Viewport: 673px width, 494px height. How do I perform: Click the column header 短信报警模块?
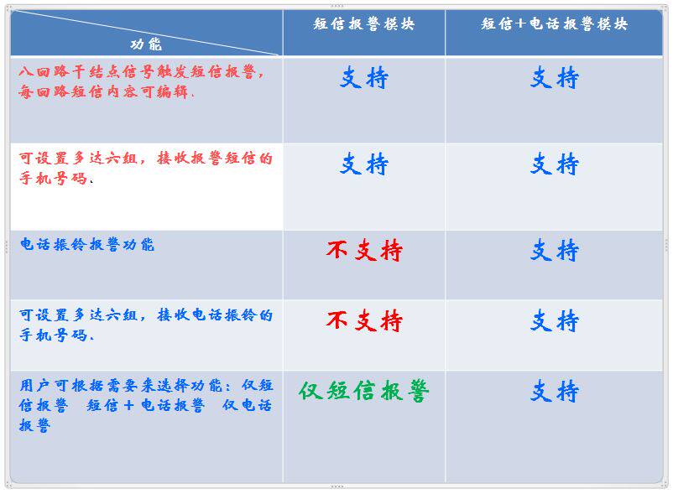coord(364,24)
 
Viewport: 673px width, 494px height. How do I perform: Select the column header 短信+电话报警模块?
coord(554,24)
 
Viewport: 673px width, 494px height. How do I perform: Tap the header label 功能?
coord(146,44)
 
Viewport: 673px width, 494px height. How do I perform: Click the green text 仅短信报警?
coord(364,391)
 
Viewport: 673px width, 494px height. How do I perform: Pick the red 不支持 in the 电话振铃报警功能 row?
coord(364,251)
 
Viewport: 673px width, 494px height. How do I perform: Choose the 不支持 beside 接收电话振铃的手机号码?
coord(364,320)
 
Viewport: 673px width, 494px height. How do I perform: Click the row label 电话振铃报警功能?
coord(87,244)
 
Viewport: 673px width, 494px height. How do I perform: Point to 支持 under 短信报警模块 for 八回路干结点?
coord(364,78)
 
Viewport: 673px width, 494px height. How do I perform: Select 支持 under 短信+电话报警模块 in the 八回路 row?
coord(554,78)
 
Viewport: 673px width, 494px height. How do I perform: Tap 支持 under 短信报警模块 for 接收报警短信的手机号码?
coord(364,164)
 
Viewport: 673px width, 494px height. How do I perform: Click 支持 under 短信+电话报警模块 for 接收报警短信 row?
coord(554,164)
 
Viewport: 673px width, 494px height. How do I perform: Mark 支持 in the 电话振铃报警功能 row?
coord(554,251)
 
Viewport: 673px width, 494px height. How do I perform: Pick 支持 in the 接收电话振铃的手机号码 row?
coord(554,320)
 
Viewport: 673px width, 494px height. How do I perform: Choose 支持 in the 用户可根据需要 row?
coord(554,391)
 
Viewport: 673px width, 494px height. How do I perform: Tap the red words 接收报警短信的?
coord(215,159)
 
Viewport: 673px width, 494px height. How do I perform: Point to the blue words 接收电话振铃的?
coord(215,315)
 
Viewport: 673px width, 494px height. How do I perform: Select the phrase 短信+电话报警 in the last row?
coord(145,405)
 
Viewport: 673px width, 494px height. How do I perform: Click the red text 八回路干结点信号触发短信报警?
coord(138,71)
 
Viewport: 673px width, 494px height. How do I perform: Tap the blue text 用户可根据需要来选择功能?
coord(121,386)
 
